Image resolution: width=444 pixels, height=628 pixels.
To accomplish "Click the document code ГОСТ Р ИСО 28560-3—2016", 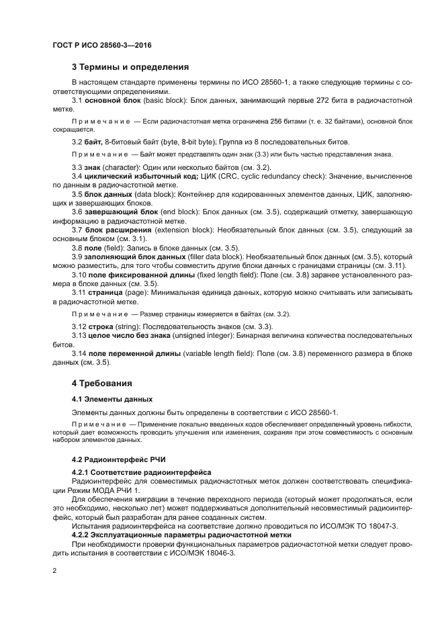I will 101,44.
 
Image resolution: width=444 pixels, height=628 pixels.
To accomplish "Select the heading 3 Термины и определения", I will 130,67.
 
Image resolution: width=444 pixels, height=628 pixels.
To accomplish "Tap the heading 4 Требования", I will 101,384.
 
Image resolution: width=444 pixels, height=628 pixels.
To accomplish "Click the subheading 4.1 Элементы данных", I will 107,399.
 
